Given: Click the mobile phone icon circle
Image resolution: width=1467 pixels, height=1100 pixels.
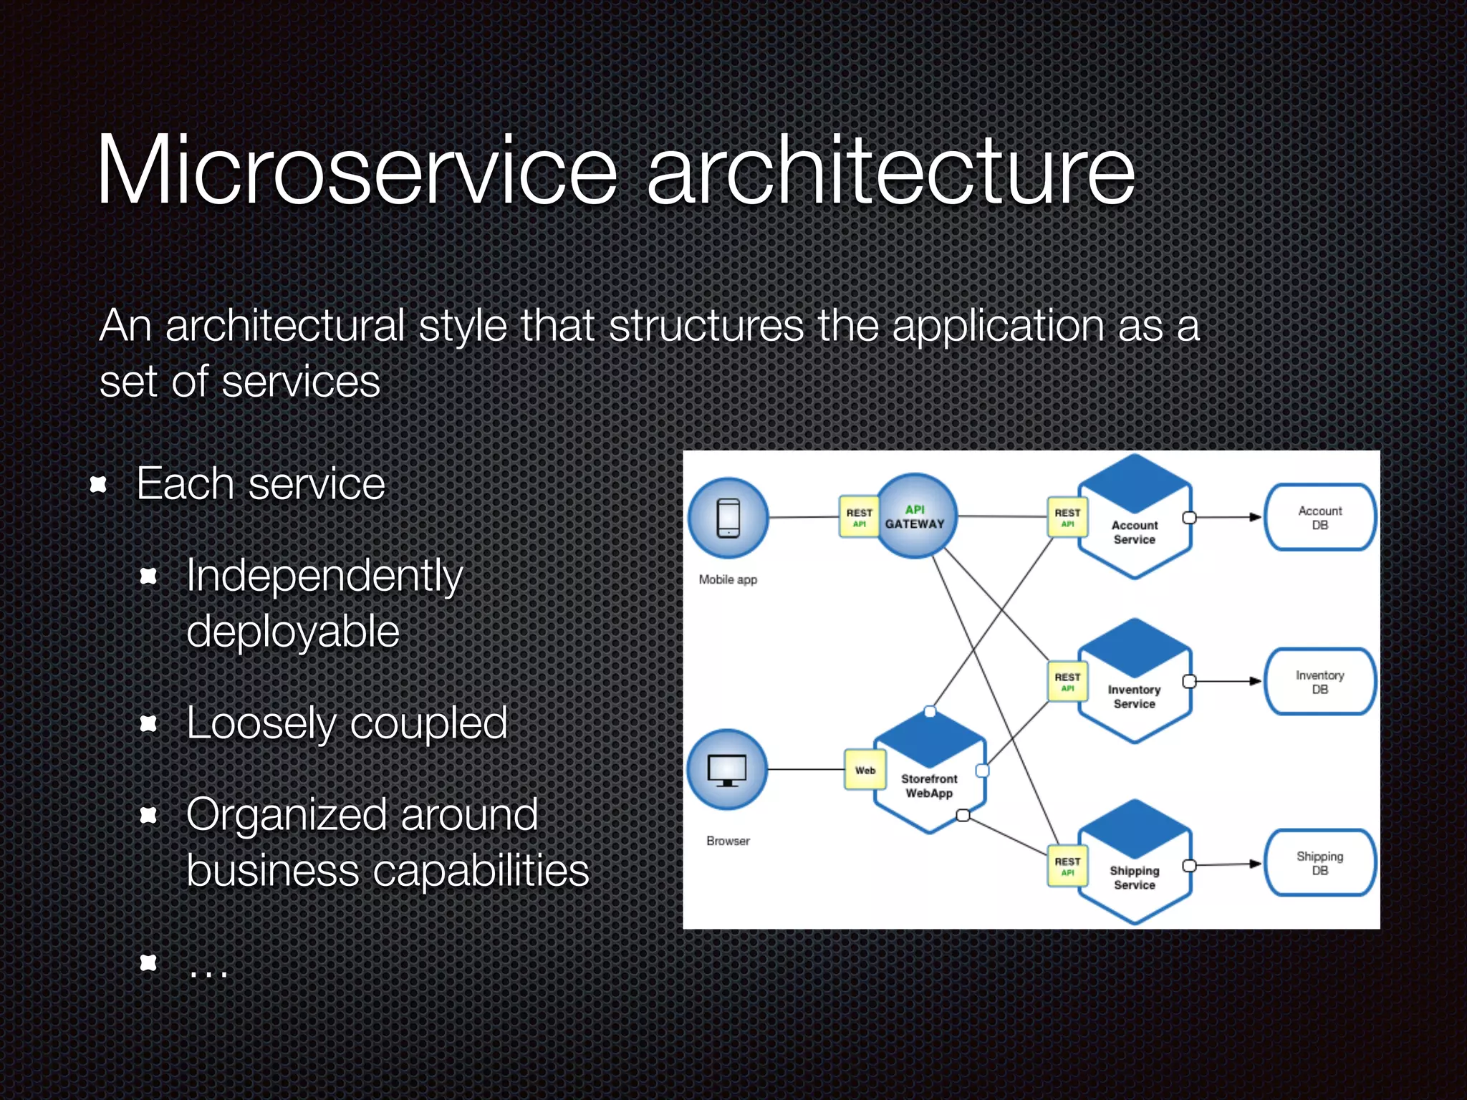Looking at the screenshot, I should tap(728, 518).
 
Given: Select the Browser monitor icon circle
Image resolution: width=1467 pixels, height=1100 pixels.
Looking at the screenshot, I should tap(727, 770).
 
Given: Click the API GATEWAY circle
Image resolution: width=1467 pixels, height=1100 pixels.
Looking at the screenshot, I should tap(916, 516).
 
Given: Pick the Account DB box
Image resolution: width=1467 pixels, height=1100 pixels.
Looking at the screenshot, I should tap(1319, 517).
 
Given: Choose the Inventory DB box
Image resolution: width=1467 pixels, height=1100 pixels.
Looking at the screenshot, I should tap(1319, 682).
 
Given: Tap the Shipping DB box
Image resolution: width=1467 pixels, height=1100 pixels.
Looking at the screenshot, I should tap(1319, 863).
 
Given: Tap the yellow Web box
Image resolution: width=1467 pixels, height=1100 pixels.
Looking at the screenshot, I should tap(865, 771).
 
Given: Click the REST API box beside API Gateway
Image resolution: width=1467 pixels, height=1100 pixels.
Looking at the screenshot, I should tap(859, 517).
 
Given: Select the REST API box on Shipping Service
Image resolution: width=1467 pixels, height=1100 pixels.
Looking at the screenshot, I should tap(1067, 867).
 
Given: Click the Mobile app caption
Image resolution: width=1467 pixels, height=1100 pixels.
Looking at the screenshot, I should tap(728, 579).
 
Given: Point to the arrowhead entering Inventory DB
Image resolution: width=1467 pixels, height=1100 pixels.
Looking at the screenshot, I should tap(1255, 681).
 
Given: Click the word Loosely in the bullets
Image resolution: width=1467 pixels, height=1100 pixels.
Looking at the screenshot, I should tap(260, 723).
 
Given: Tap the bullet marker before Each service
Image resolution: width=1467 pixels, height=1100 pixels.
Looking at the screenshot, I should tap(98, 485).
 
